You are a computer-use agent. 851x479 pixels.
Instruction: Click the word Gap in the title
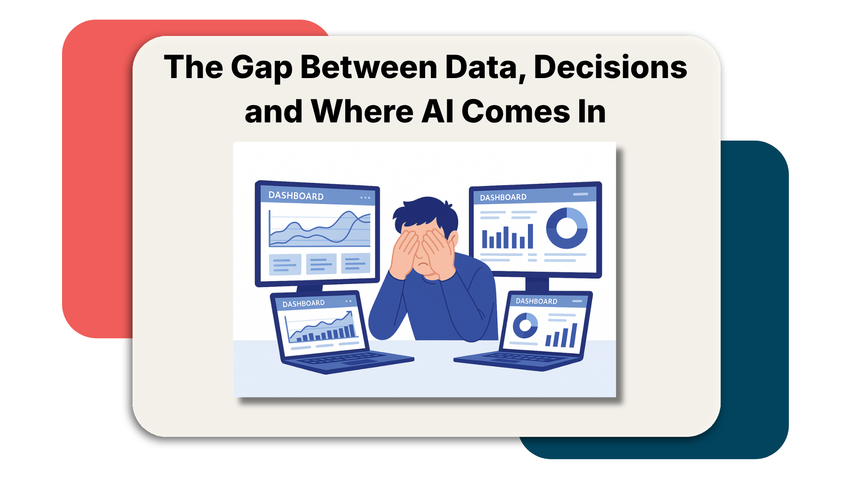coord(261,68)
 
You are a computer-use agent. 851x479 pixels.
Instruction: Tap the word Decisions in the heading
coord(610,68)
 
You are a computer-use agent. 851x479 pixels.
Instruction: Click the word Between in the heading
coord(369,68)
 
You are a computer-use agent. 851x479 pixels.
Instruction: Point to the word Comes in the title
coord(516,111)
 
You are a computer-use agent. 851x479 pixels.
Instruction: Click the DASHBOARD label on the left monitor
coord(296,196)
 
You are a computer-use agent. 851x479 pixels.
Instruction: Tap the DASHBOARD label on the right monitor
coord(503,197)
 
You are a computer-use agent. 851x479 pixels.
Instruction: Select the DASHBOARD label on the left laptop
coord(304,304)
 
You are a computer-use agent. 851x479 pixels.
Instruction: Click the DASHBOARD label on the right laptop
coord(536,301)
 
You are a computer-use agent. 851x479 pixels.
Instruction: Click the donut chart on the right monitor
coord(567,228)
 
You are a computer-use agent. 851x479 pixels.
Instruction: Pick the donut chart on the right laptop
coord(525,325)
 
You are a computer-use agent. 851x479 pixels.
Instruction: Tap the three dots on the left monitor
coord(365,198)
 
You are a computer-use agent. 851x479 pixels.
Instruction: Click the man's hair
coord(425,213)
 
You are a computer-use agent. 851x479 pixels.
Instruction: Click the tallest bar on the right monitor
coord(530,236)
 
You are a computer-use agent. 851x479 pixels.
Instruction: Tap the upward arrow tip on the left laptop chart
coord(351,312)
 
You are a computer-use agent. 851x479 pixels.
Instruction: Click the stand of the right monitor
coord(537,284)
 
